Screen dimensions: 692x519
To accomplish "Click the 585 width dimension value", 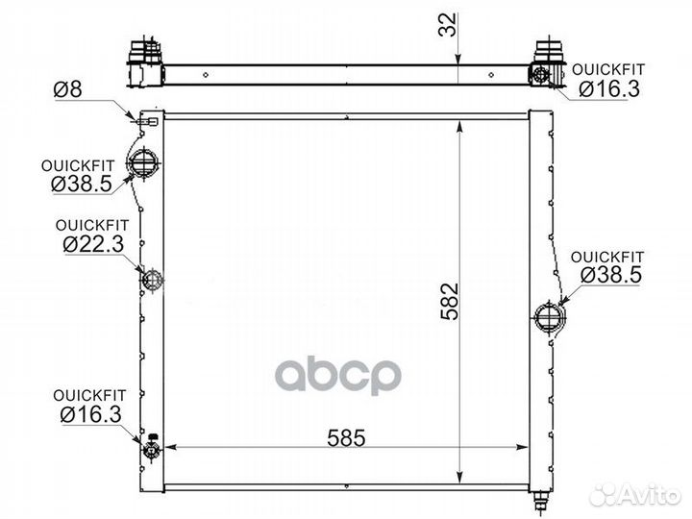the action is point(346,437).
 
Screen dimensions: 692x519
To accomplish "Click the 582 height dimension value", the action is point(450,302).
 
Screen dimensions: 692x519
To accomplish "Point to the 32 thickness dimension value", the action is point(447,25).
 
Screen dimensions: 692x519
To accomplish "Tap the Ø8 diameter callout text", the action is point(68,89).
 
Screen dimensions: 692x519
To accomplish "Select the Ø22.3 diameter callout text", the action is point(93,244).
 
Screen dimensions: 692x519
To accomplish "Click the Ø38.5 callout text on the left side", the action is point(82,184).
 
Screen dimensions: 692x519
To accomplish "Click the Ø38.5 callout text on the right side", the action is point(611,276).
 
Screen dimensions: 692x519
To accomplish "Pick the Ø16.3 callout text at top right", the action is point(609,89).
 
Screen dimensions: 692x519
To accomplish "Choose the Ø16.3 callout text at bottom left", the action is point(90,414).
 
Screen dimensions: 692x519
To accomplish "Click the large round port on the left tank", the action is point(143,163).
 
